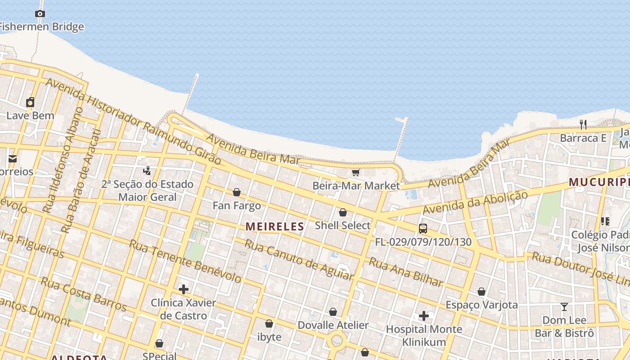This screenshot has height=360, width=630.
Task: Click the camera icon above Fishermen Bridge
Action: pos(40,14)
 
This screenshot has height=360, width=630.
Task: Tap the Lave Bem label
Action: pos(30,116)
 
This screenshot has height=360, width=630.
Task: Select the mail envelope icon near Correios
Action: pos(12,158)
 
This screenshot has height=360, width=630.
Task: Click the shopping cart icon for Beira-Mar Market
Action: pos(356,172)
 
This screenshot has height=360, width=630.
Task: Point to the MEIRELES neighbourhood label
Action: pos(274,226)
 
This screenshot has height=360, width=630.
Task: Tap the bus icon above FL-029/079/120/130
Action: pos(423,229)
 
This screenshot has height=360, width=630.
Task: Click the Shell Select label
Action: pos(342,225)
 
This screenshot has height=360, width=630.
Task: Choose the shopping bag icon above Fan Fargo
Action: pos(237,193)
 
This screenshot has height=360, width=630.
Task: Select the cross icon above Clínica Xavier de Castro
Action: pos(183,289)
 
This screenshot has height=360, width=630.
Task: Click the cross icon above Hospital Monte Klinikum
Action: pos(423,316)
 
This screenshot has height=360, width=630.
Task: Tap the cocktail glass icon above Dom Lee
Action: pos(564,307)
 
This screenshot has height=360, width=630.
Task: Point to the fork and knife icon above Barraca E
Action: pos(583,125)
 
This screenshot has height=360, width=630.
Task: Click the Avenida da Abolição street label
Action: pos(475,203)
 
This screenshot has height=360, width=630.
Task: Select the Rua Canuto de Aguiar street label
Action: pos(299,260)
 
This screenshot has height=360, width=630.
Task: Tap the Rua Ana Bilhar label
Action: pos(406,272)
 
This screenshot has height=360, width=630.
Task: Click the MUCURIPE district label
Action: pos(598,182)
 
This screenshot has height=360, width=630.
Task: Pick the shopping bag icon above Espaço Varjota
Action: pos(481,292)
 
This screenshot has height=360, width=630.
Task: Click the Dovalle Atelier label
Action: pos(333,325)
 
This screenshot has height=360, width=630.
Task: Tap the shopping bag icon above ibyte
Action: pos(269,324)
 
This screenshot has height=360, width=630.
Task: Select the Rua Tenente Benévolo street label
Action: pos(185,261)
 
